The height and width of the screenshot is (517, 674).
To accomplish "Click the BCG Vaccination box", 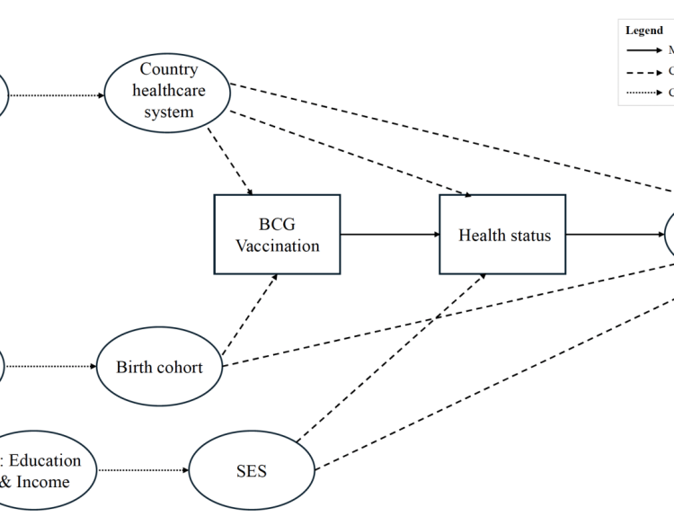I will tap(277, 234).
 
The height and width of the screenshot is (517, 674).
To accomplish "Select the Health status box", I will tap(502, 235).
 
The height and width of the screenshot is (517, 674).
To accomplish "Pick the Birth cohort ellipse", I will tap(159, 367).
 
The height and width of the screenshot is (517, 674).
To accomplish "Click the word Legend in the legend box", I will tap(644, 31).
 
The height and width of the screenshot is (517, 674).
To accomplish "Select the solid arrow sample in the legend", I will tap(643, 50).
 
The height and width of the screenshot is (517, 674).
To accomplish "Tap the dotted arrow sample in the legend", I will tap(643, 92).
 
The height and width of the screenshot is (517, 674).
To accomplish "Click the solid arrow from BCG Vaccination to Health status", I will tap(389, 235).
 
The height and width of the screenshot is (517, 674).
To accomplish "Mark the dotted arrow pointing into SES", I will tap(143, 470).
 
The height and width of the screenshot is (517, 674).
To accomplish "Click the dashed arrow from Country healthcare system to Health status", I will tap(350, 154).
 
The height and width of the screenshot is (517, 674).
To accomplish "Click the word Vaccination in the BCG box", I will tap(277, 245).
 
